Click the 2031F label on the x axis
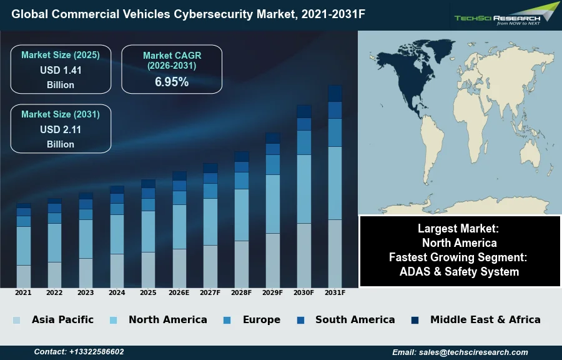coord(335,292)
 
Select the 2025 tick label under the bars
coord(148,292)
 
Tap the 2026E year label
coord(179,292)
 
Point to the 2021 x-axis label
coord(23,292)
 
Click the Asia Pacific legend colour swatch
coord(17,320)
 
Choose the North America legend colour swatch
coord(113,320)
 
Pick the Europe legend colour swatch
coord(227,320)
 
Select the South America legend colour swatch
coord(300,320)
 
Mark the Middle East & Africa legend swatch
coord(415,320)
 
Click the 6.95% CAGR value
coord(172,82)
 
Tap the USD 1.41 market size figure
coord(61,71)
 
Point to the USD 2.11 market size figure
coord(61,130)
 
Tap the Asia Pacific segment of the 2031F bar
coord(335,253)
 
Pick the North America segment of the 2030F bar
coord(304,189)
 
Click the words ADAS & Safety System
coord(459,272)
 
